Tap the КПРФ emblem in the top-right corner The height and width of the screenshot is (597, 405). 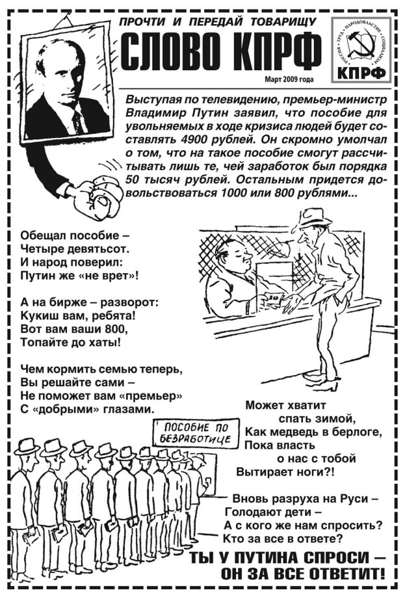click(361, 49)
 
